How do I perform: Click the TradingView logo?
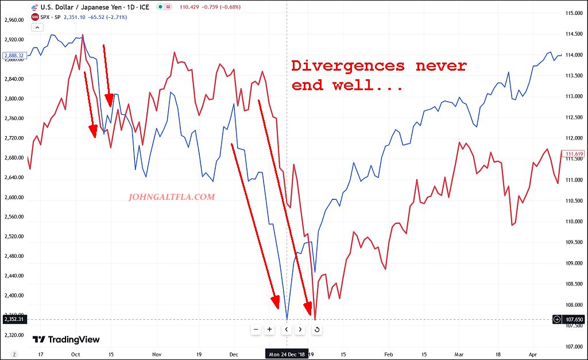[66, 339]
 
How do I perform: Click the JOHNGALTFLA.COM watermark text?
[172, 197]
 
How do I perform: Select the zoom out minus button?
[256, 330]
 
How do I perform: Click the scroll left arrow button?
[285, 330]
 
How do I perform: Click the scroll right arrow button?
[300, 330]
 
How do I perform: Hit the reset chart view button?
[316, 330]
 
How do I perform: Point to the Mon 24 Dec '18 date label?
[287, 354]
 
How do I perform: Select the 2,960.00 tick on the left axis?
[13, 20]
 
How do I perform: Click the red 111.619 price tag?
[574, 154]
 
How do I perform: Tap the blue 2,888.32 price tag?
[13, 56]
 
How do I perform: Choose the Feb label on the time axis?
[389, 355]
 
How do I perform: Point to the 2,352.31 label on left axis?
[13, 319]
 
